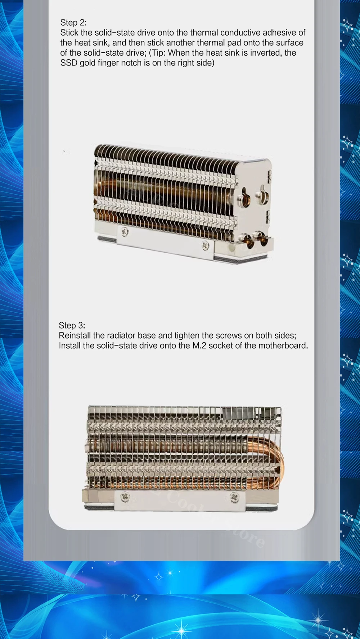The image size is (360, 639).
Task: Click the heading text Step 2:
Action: (x=73, y=23)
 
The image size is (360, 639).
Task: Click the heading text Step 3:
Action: (x=72, y=326)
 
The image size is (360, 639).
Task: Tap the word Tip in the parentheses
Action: (x=158, y=53)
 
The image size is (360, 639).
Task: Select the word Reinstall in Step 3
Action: (x=75, y=336)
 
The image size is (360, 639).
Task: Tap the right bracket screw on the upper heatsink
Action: (x=205, y=245)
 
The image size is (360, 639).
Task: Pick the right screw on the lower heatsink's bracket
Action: (x=234, y=498)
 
